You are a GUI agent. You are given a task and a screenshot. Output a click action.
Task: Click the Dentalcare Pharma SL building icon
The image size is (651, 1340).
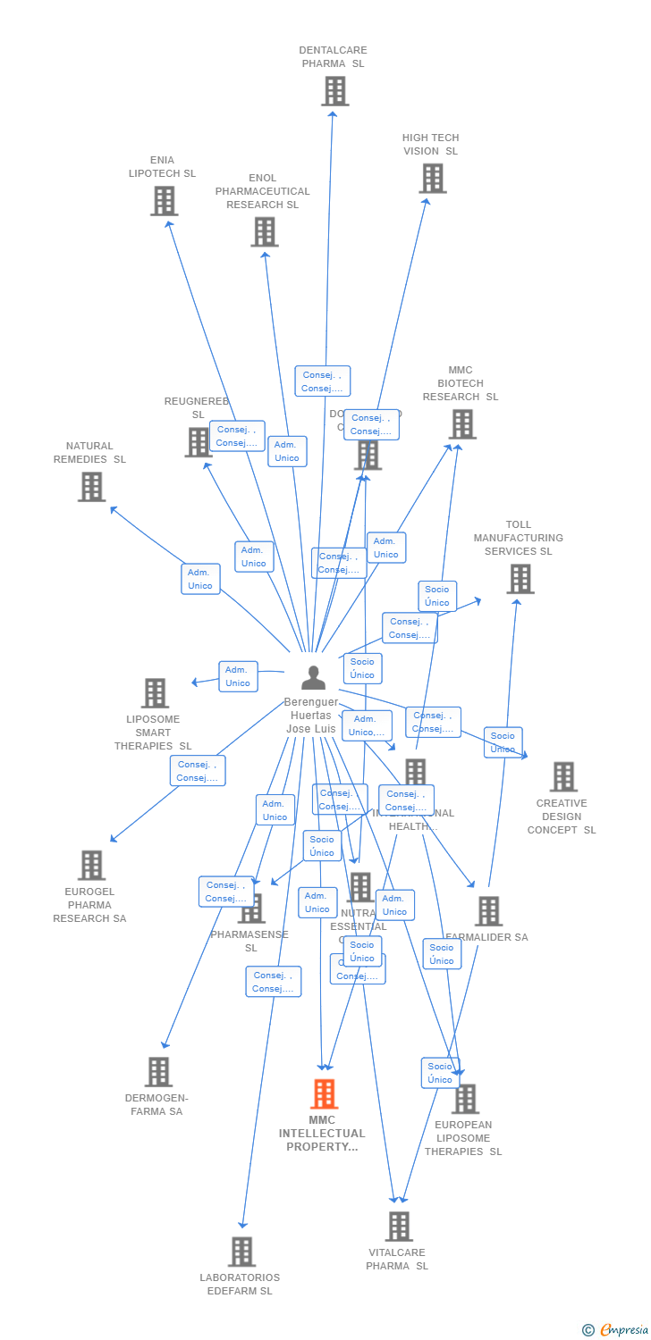tap(335, 91)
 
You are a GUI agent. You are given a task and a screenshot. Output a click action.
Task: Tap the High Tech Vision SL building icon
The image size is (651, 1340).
tap(433, 179)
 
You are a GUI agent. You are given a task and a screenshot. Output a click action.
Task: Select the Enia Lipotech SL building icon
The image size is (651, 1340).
tap(164, 201)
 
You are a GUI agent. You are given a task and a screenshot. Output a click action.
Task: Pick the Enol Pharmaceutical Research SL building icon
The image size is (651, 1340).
tap(264, 232)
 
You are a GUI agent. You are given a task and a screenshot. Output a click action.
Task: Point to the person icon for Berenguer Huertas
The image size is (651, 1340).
tap(313, 678)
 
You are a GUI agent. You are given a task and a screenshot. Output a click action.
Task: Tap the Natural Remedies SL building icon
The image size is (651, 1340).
tap(91, 487)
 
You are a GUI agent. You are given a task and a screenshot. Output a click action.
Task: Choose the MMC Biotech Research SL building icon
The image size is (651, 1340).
tap(461, 424)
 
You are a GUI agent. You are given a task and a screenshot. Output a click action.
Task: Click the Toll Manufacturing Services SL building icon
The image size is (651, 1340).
tap(520, 579)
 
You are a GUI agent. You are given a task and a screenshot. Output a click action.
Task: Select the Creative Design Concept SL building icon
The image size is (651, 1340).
tap(563, 777)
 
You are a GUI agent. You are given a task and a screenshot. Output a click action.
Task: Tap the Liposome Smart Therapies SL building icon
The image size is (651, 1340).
tap(155, 693)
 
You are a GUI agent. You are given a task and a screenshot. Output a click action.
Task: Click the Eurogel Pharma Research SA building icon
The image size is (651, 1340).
tap(91, 866)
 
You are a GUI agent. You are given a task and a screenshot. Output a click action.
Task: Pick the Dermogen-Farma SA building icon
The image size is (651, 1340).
tap(158, 1072)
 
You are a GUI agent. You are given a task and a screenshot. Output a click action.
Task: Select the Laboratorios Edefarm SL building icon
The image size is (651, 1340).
tap(241, 1252)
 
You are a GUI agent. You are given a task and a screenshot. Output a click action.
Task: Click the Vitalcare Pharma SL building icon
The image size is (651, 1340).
tap(399, 1227)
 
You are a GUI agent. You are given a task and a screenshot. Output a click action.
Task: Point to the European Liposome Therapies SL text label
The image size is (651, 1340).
tap(463, 1138)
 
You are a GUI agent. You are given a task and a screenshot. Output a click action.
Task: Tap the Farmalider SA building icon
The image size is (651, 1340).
tap(488, 911)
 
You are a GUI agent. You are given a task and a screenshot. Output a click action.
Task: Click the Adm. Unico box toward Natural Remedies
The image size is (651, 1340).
tap(200, 579)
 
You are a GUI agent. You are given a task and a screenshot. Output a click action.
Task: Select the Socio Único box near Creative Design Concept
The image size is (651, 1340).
tap(503, 742)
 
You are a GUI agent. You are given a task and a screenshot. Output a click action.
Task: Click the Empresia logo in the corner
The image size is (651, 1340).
tap(616, 1330)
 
